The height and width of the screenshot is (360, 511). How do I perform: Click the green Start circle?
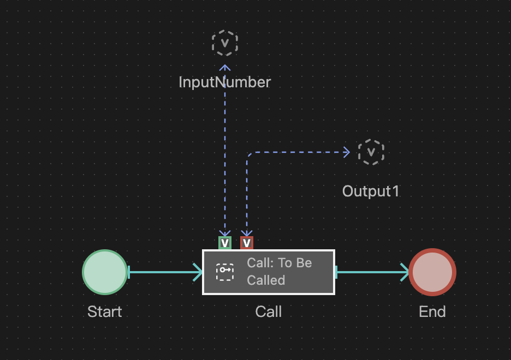click(105, 272)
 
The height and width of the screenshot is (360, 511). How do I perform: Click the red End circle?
click(432, 272)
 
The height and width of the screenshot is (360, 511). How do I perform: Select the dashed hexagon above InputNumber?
click(225, 44)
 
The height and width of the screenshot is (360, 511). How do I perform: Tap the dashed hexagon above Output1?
click(371, 152)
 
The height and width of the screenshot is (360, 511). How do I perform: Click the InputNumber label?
click(224, 82)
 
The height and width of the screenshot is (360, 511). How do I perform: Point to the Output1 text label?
click(371, 191)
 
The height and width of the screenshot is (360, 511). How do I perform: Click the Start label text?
click(104, 312)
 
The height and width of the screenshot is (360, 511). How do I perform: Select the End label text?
click(432, 312)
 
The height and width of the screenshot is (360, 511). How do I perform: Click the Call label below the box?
click(268, 312)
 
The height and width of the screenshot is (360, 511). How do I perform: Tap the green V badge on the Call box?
click(225, 243)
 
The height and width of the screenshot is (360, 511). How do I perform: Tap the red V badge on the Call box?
click(247, 243)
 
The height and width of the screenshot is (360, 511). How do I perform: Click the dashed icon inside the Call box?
click(225, 272)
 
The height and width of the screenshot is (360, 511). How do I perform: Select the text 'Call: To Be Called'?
click(280, 272)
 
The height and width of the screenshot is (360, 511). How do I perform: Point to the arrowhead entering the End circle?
click(405, 272)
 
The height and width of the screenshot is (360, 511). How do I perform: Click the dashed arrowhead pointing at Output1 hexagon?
click(346, 153)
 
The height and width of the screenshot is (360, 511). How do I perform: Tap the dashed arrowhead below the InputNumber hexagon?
click(225, 68)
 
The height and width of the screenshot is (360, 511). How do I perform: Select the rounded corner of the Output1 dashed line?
click(248, 155)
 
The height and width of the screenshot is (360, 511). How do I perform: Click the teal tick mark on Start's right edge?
click(128, 272)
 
